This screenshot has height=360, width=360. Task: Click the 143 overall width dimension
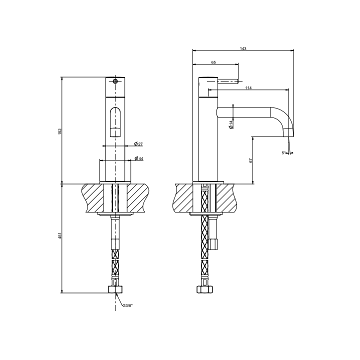[243, 48]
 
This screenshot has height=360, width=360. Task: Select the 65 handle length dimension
[213, 62]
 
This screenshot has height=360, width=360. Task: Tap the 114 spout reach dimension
[248, 87]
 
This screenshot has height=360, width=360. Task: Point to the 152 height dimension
[60, 131]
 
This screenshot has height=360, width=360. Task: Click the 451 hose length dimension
[60, 236]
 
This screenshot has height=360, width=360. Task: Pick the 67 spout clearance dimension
[250, 160]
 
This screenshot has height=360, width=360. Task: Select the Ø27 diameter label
[138, 144]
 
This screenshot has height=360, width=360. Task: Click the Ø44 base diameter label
[139, 158]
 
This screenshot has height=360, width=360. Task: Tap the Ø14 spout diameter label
[231, 124]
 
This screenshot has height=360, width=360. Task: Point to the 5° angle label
[283, 152]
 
